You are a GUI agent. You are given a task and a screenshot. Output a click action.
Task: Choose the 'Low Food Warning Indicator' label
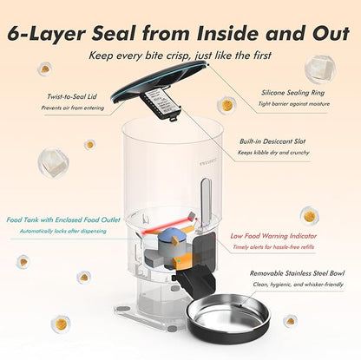click(273, 235)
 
